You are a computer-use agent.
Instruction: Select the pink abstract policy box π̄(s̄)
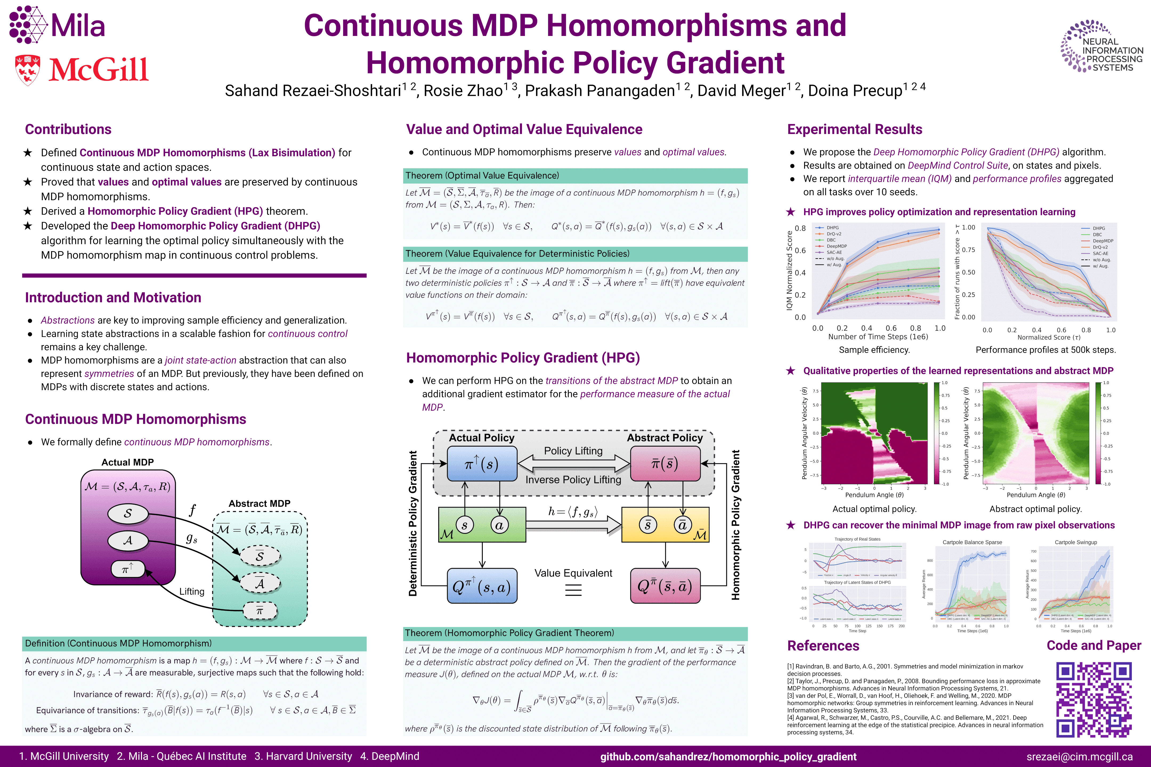coord(664,463)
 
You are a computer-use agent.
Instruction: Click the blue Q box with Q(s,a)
coord(482,586)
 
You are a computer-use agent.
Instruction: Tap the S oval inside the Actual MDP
coord(128,513)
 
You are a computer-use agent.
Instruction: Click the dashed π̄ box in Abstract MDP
coord(260,610)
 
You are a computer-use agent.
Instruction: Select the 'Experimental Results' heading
coord(854,129)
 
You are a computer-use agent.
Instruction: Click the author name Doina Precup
coord(854,91)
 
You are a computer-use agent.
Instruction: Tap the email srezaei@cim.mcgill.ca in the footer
coord(1079,756)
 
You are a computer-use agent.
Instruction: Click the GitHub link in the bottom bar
coord(728,756)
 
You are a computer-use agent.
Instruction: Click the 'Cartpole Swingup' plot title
coord(1076,542)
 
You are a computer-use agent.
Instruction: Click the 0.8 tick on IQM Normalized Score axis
coord(800,228)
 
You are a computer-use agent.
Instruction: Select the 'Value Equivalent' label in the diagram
coord(573,573)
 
